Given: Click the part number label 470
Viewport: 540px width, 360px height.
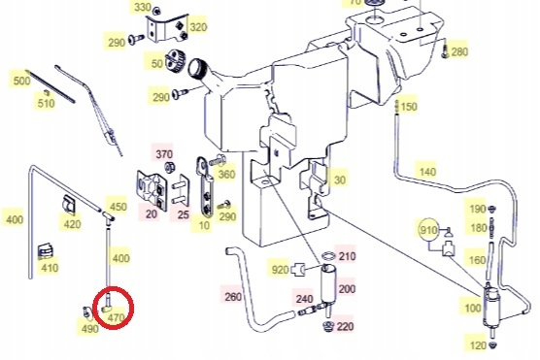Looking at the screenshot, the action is pyautogui.click(x=116, y=317).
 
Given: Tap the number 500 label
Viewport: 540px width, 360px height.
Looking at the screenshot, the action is pyautogui.click(x=21, y=81).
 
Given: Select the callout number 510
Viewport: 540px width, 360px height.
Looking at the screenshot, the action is pyautogui.click(x=47, y=103).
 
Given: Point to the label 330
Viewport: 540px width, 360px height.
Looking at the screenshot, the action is pyautogui.click(x=142, y=7).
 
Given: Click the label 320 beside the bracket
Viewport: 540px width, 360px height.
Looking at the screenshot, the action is pyautogui.click(x=198, y=27).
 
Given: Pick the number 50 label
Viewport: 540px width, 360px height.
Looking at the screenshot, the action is pyautogui.click(x=157, y=64).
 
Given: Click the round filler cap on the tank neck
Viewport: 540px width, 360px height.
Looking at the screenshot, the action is pyautogui.click(x=197, y=67).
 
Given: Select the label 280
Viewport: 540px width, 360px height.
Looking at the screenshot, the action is pyautogui.click(x=459, y=52).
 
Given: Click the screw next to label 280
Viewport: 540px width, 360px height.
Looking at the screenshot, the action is pyautogui.click(x=445, y=51).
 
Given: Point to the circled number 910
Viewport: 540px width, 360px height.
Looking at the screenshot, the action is pyautogui.click(x=428, y=230).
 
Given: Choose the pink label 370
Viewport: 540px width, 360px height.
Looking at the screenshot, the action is pyautogui.click(x=164, y=154).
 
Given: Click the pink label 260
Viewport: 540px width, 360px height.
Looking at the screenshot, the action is pyautogui.click(x=233, y=296).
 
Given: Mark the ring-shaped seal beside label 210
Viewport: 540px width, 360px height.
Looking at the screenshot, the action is pyautogui.click(x=328, y=256).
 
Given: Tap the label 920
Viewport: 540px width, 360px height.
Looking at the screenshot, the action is pyautogui.click(x=280, y=270).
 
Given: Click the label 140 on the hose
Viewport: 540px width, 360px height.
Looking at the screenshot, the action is pyautogui.click(x=427, y=172).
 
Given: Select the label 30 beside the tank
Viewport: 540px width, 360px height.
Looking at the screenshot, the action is pyautogui.click(x=340, y=180).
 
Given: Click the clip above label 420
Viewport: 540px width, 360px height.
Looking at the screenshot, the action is pyautogui.click(x=70, y=205).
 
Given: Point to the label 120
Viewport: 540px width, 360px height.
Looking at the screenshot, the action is pyautogui.click(x=478, y=345).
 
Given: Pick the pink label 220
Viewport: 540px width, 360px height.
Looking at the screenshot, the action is pyautogui.click(x=345, y=326).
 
